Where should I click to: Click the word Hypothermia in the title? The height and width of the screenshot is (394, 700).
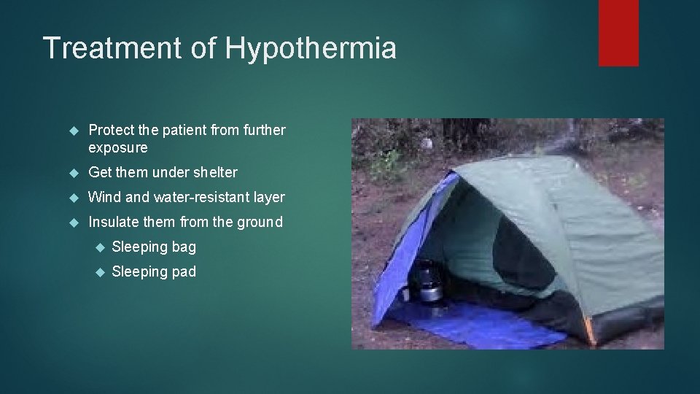tap(311, 49)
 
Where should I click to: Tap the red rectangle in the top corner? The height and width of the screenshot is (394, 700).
tap(618, 33)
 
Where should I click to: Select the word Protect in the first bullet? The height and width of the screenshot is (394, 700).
tap(111, 131)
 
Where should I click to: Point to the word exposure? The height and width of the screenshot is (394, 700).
tap(117, 148)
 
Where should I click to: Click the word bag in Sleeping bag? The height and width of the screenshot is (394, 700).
tap(184, 247)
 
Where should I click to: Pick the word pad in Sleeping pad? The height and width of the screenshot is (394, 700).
tap(184, 272)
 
